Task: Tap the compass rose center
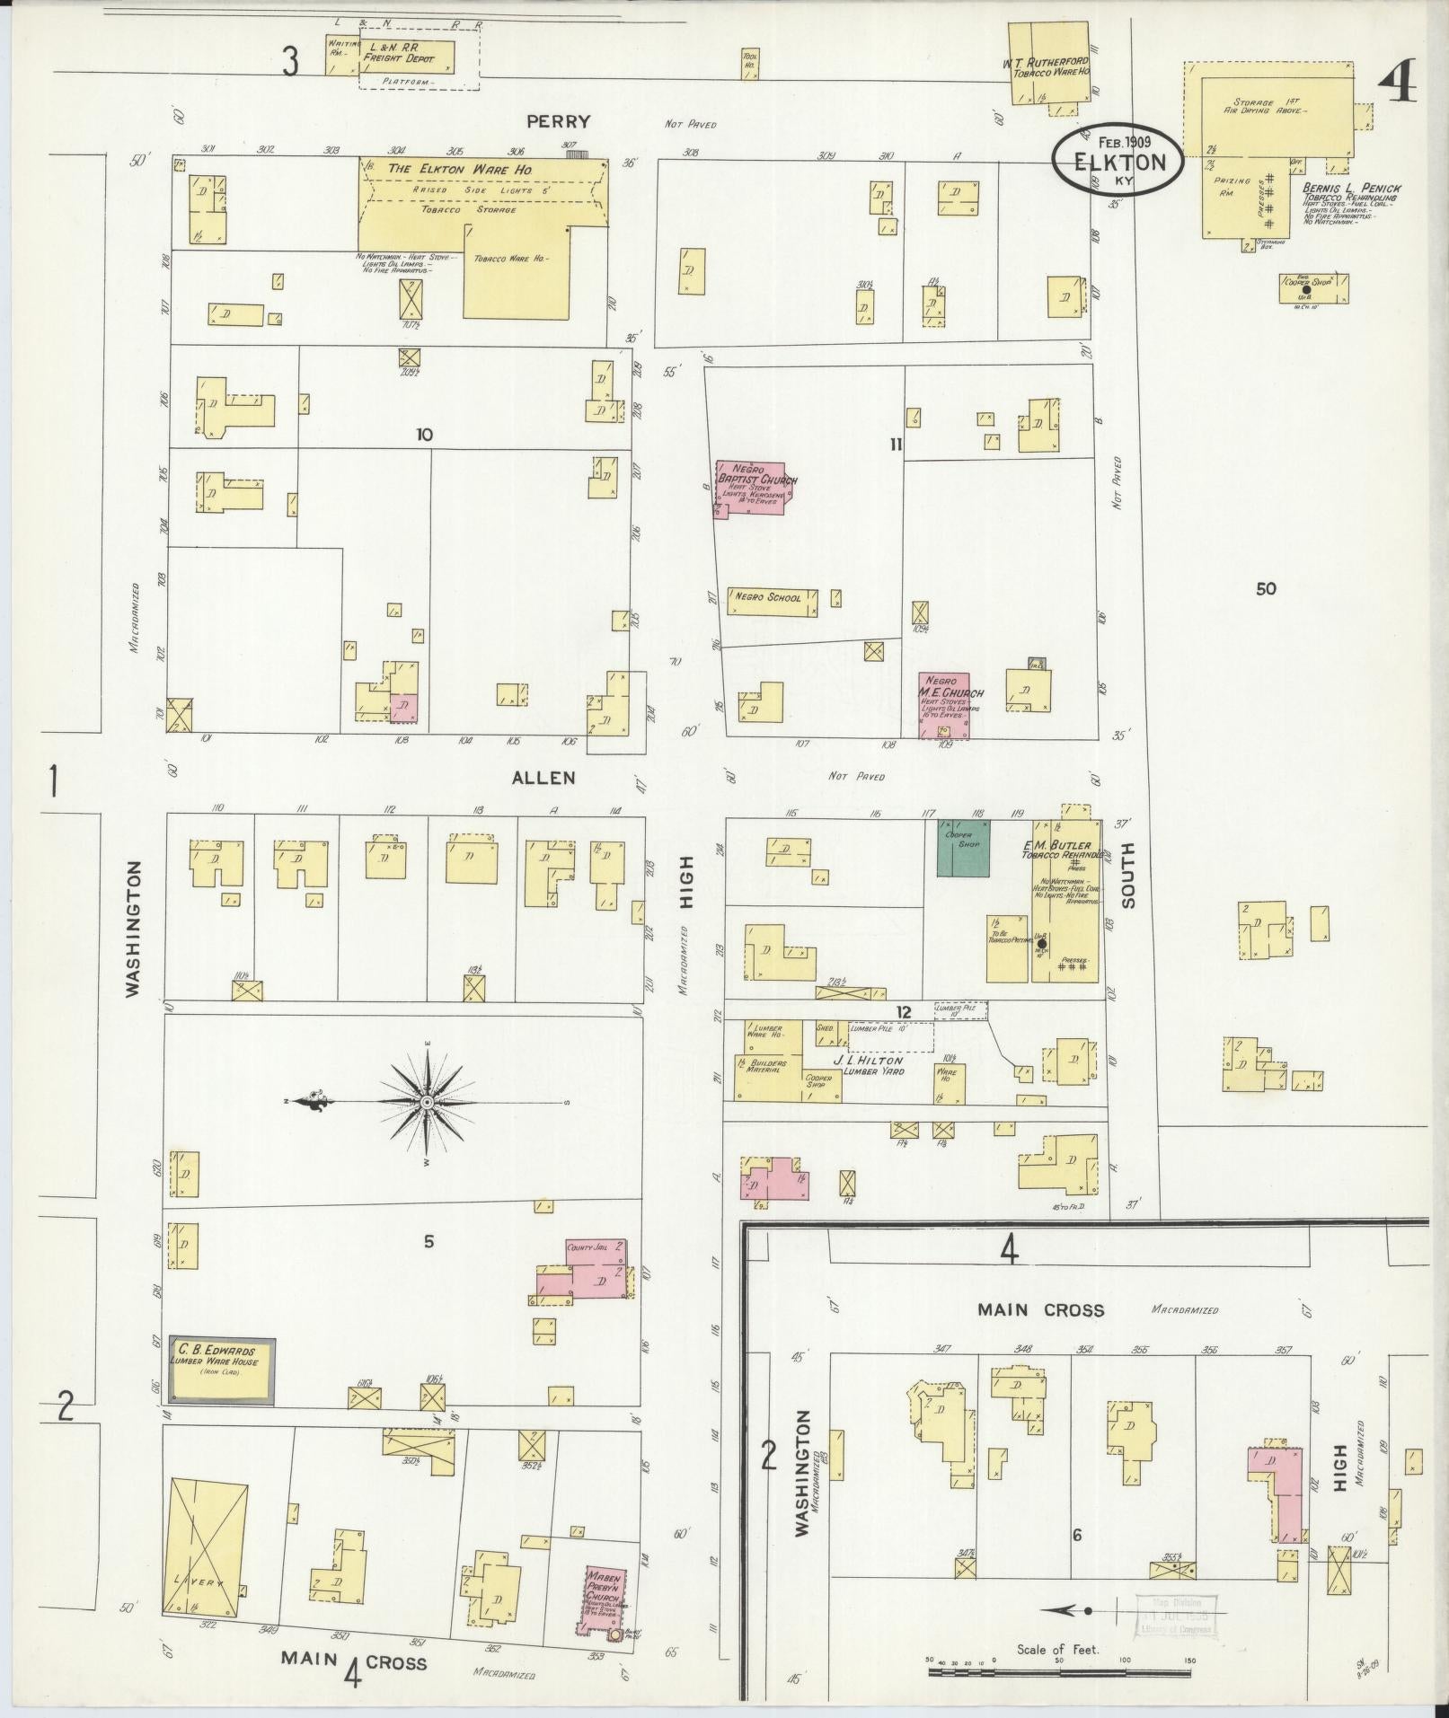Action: (427, 1102)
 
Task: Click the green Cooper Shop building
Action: (962, 848)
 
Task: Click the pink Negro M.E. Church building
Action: (944, 705)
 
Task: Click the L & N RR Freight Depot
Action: (407, 56)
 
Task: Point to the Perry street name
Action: (546, 121)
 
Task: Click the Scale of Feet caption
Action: (1059, 1649)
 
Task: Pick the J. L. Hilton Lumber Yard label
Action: (867, 1064)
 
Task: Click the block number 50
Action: (1266, 589)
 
